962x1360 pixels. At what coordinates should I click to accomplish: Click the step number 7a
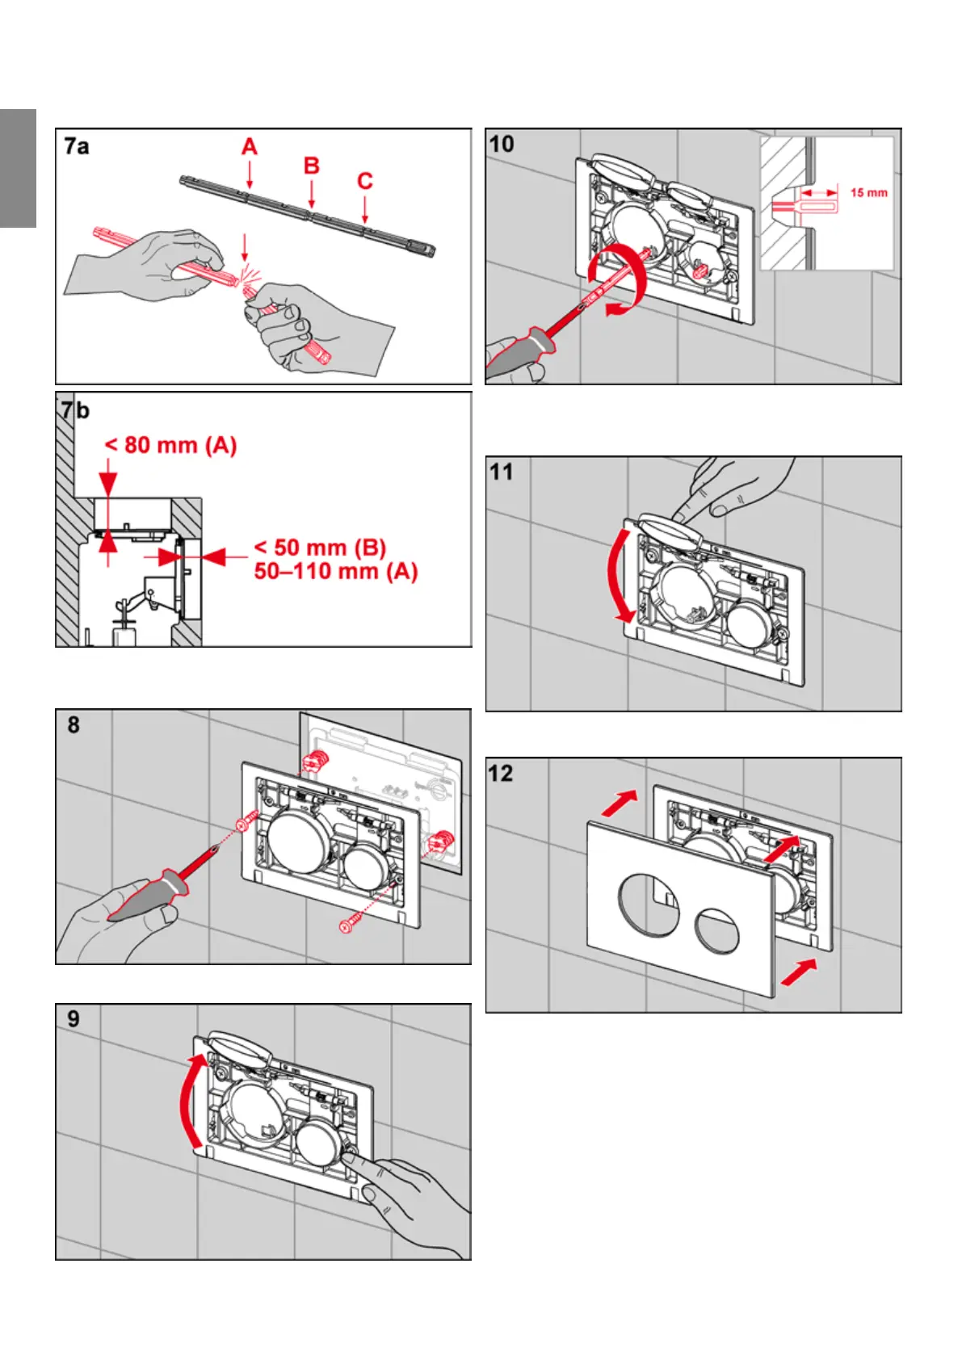click(77, 147)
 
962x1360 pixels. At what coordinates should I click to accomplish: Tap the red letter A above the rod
click(250, 147)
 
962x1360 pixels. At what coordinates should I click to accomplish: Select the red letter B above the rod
click(312, 166)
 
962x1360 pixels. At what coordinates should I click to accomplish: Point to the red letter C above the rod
click(365, 181)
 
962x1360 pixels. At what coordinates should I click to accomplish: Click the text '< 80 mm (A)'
click(170, 445)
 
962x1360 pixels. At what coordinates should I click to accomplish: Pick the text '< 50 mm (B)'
click(320, 548)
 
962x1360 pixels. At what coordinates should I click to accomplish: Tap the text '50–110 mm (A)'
click(335, 572)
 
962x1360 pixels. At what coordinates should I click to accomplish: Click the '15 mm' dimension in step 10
click(868, 193)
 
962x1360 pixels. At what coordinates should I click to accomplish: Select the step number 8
click(74, 725)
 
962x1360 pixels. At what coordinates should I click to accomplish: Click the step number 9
click(74, 1019)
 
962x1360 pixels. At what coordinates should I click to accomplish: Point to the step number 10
click(502, 145)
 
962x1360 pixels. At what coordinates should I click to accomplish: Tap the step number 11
click(502, 472)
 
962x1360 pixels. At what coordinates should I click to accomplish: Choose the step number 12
click(501, 774)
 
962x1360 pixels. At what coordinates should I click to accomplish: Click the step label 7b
click(76, 410)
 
